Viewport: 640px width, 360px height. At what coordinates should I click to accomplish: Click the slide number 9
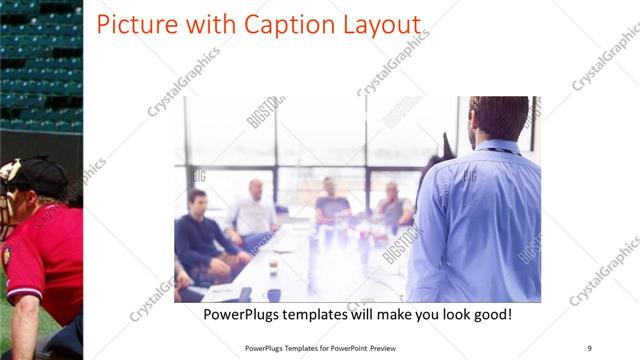(x=589, y=347)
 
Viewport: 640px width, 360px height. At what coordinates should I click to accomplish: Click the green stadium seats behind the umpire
(x=40, y=70)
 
